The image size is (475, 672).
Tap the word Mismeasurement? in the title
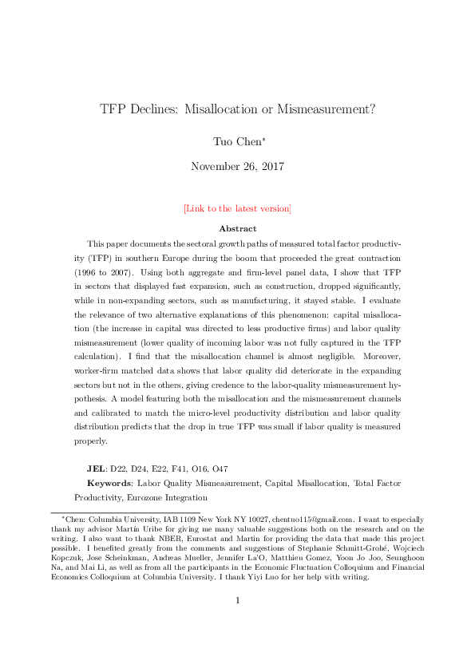pyautogui.click(x=326, y=109)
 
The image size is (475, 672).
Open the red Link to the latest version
pyautogui.click(x=237, y=209)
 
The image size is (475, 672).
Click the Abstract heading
pyautogui.click(x=237, y=228)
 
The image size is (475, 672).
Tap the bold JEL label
pyautogui.click(x=97, y=468)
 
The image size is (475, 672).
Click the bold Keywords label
pyautogui.click(x=109, y=483)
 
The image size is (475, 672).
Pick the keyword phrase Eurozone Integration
pyautogui.click(x=160, y=497)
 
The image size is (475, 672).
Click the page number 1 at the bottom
pyautogui.click(x=237, y=623)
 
